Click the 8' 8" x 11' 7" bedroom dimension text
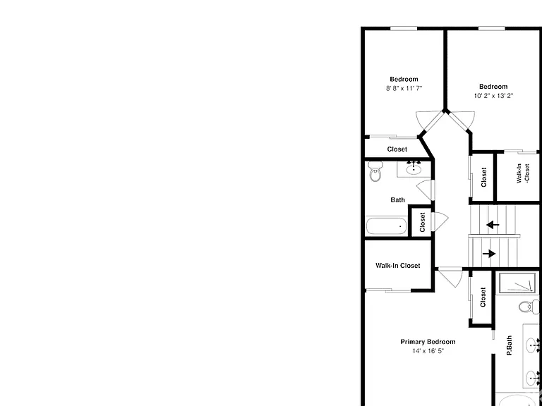[x=404, y=88]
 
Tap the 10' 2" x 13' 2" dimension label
[x=493, y=96]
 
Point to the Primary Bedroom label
[x=428, y=342]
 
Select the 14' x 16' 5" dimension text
[x=428, y=351]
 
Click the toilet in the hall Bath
[x=375, y=171]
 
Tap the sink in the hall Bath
[x=414, y=169]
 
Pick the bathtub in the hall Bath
[x=387, y=226]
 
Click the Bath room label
[x=397, y=200]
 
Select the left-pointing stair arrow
[x=493, y=225]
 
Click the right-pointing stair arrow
[x=489, y=254]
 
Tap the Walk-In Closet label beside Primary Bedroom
[x=398, y=266]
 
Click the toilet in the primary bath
[x=529, y=307]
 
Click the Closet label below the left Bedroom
[x=397, y=149]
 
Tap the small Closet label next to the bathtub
[x=422, y=222]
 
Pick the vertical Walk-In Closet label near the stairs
[x=523, y=173]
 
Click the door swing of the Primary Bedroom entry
[x=450, y=277]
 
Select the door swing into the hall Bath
[x=424, y=190]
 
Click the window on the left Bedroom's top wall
[x=404, y=29]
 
